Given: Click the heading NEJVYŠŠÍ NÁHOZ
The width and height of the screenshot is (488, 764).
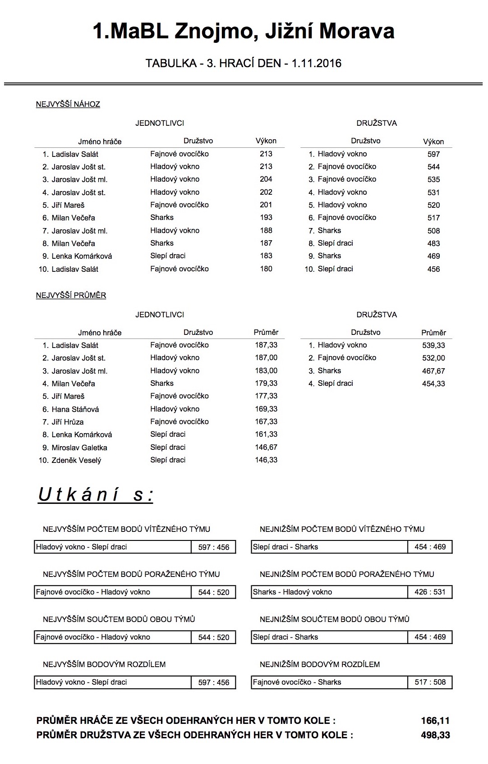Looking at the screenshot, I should (x=68, y=105).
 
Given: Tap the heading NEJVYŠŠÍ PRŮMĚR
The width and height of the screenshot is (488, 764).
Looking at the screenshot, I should (x=71, y=296).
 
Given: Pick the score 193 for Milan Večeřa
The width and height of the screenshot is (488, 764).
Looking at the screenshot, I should (x=266, y=218).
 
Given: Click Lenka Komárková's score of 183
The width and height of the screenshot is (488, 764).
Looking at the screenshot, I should (x=266, y=256).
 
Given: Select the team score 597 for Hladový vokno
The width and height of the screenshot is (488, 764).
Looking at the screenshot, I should (x=433, y=154).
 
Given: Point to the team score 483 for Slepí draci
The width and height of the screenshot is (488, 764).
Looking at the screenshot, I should (x=433, y=243).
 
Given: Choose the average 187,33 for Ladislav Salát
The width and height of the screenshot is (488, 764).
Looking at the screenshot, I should (x=266, y=345).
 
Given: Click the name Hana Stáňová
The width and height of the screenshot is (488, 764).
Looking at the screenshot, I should (x=75, y=409).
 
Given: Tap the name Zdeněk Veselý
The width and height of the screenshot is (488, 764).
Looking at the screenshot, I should (x=76, y=460).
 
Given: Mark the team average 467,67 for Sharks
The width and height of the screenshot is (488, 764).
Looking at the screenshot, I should (x=433, y=371).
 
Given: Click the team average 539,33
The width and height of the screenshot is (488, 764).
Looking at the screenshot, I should (x=433, y=345).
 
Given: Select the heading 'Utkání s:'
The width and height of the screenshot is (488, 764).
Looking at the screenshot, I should (x=96, y=495).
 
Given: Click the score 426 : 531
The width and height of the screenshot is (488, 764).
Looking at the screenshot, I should (x=430, y=592).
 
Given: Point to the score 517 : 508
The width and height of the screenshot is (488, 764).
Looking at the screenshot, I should (x=430, y=682).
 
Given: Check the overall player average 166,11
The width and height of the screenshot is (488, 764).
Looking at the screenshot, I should (x=435, y=721).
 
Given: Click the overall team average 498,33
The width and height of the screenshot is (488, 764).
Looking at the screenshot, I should (x=435, y=735).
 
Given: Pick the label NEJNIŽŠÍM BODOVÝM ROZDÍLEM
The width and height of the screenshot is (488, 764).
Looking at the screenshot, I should (x=320, y=664).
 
